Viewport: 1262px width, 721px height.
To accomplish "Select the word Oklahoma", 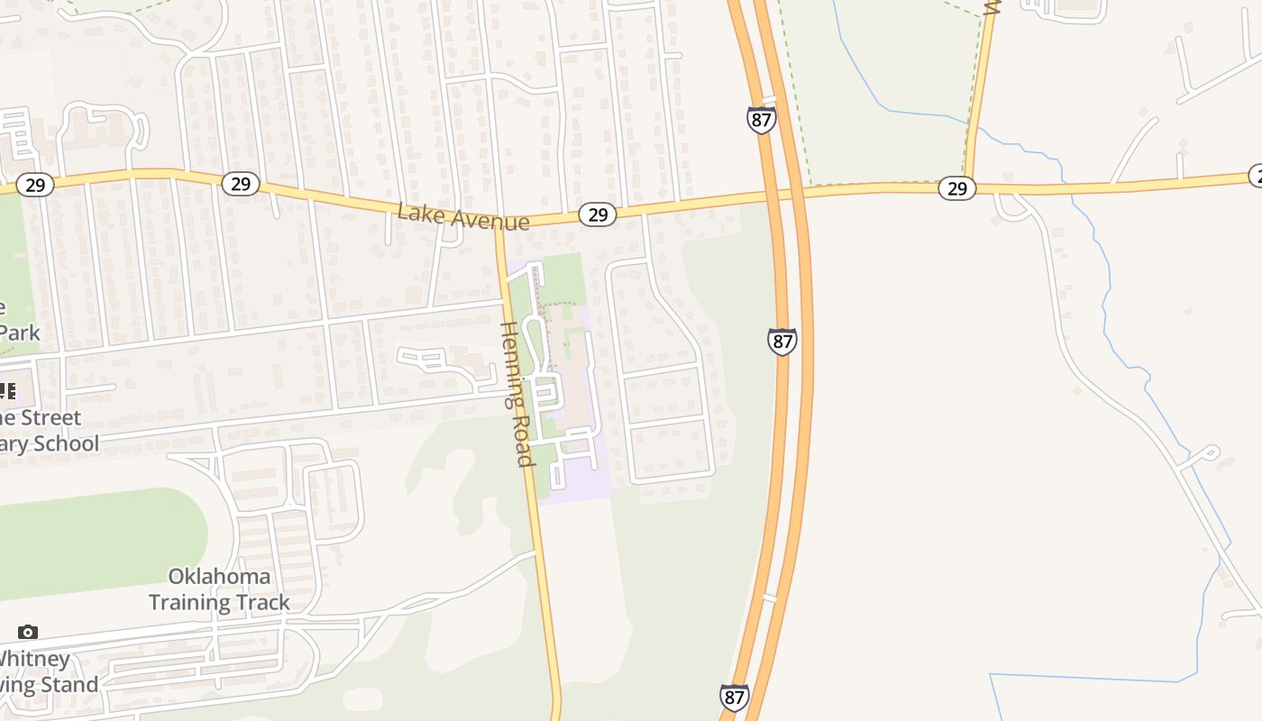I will click(x=219, y=576).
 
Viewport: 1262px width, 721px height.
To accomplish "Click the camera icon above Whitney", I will click(x=28, y=632).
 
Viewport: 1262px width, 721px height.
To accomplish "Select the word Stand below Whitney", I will click(x=70, y=685).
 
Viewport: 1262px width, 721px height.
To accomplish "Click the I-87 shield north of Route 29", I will click(x=762, y=119).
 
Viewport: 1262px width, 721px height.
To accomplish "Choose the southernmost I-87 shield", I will click(x=735, y=697).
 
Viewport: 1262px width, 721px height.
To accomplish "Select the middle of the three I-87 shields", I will click(x=782, y=342).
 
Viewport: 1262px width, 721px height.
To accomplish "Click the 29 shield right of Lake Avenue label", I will click(x=597, y=214).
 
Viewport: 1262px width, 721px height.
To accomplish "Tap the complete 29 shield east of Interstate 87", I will click(x=957, y=187).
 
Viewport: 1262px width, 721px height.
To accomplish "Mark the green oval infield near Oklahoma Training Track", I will click(x=99, y=541).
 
